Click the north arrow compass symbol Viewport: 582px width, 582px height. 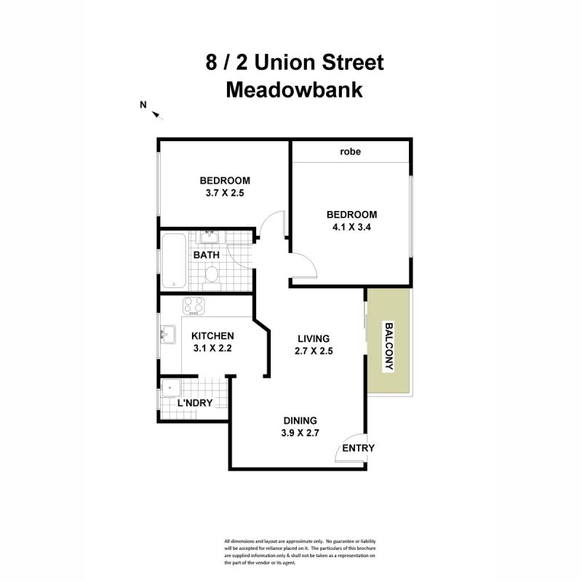[158, 113]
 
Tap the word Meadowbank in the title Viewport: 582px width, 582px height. [294, 90]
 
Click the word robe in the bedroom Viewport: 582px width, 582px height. [351, 153]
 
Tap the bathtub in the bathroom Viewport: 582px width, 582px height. [173, 261]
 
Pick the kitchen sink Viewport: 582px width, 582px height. [167, 335]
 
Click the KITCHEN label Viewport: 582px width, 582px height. [212, 336]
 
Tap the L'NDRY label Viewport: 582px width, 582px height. [195, 402]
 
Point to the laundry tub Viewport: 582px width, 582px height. [170, 388]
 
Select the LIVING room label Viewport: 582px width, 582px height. [314, 338]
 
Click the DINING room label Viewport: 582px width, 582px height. [300, 420]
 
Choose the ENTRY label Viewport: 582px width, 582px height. [358, 448]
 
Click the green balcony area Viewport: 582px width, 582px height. [388, 342]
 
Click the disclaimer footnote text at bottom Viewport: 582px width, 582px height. [300, 551]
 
